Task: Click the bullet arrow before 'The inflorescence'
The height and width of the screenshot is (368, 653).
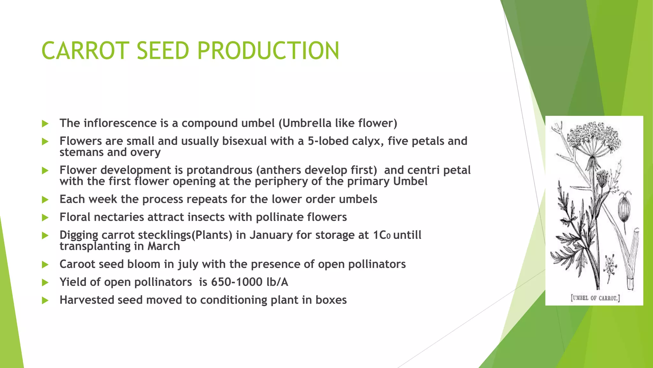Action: [45, 124]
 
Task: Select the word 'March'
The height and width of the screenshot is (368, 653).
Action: [163, 246]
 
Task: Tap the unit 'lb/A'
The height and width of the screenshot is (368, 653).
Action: [277, 282]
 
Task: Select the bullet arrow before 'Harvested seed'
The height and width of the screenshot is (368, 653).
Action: [45, 300]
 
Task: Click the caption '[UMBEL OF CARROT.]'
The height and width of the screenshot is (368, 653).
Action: [595, 298]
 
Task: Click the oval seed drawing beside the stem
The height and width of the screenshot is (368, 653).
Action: [623, 209]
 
